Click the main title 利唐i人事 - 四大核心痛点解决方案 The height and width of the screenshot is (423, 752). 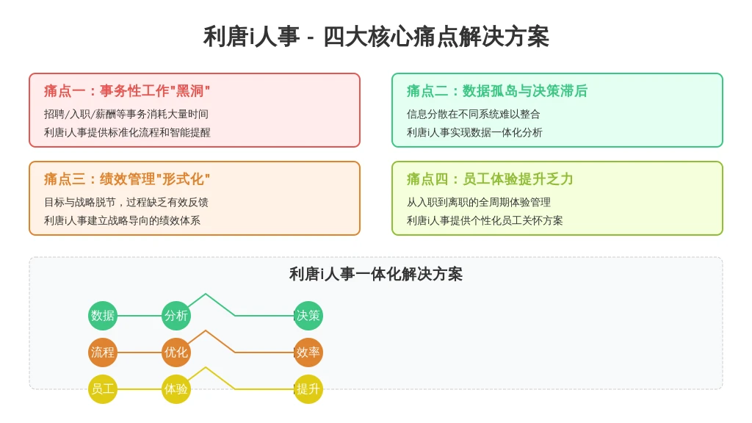[x=376, y=37]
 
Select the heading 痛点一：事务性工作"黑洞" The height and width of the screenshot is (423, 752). [x=127, y=90]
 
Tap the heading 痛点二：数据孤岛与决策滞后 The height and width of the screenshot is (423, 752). [x=497, y=90]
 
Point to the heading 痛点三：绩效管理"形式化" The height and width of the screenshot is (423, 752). [x=127, y=179]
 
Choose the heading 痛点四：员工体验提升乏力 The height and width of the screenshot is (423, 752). [x=490, y=179]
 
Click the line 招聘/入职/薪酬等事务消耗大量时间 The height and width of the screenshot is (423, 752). [x=126, y=114]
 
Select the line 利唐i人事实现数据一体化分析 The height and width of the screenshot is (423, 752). [x=474, y=132]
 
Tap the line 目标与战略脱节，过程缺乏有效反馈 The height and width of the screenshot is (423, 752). [x=126, y=203]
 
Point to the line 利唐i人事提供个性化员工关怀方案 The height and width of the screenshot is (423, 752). [x=485, y=220]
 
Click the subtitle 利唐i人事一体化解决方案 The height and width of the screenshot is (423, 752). [x=376, y=275]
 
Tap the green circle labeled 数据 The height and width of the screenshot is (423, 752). [x=103, y=316]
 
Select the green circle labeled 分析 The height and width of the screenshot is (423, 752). [x=176, y=316]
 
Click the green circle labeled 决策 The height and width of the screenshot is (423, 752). [x=308, y=316]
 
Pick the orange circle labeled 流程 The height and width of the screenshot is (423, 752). [x=103, y=352]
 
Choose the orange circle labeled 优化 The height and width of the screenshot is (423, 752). [x=176, y=352]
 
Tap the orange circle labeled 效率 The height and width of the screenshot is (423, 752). [x=308, y=352]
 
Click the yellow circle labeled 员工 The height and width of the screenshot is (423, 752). [x=103, y=389]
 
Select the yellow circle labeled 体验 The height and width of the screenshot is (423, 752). [x=176, y=389]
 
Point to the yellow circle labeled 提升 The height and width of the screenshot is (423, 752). [x=308, y=389]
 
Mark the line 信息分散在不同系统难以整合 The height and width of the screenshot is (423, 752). [x=474, y=114]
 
